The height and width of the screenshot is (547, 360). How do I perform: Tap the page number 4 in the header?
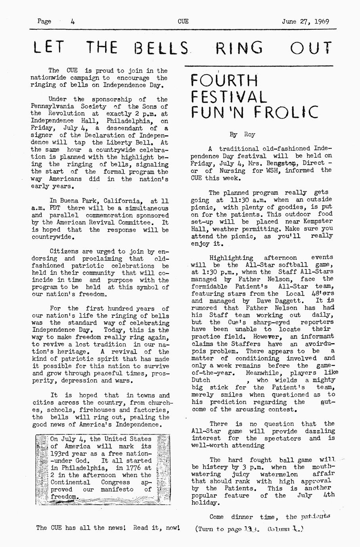73,21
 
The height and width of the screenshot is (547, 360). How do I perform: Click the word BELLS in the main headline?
161,48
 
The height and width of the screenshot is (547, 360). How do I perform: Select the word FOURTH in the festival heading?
224,81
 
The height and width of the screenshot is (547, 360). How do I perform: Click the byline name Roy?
250,134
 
